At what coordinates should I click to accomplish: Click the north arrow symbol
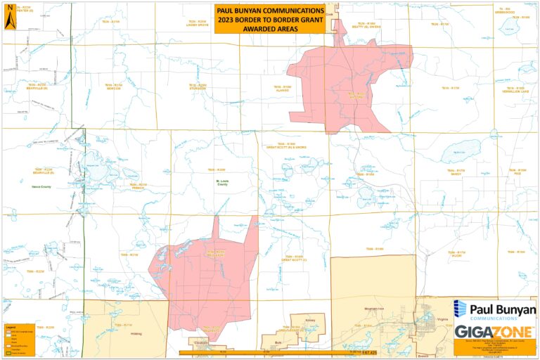tap(9, 18)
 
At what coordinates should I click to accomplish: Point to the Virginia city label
tap(443, 319)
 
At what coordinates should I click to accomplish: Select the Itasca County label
tap(42, 186)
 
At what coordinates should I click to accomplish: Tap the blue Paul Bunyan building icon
tap(460, 309)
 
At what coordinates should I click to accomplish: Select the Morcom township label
tap(115, 87)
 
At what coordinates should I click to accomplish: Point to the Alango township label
tap(283, 89)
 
